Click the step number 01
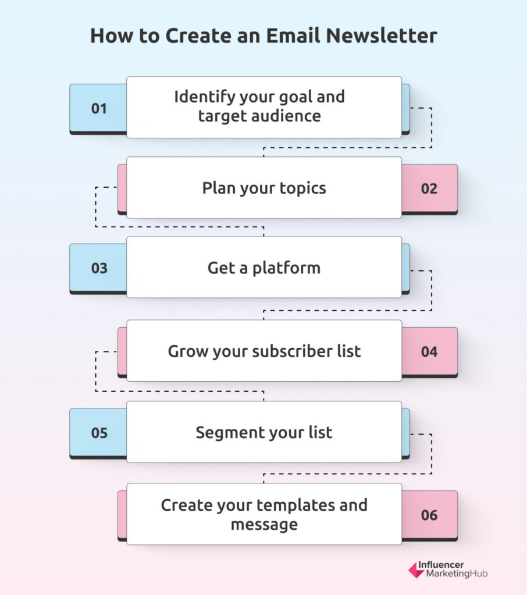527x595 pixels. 99,109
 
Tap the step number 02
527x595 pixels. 429,189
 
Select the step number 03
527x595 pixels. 99,268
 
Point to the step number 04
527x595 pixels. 429,352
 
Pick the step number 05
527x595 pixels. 99,433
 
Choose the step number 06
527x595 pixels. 429,515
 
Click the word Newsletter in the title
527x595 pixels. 382,35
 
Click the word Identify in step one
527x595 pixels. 205,98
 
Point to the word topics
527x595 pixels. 303,189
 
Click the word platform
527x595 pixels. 287,268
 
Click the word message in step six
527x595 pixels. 264,525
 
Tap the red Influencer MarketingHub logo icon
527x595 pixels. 416,570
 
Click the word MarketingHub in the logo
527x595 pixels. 457,574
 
